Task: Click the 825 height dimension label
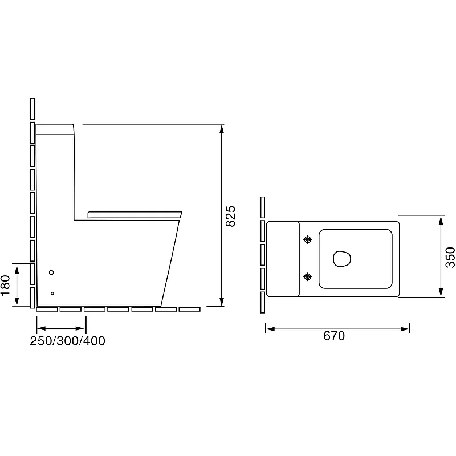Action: [x=231, y=216]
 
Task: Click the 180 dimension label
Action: [x=6, y=285]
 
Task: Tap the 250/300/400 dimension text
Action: [x=67, y=341]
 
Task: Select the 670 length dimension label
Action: [x=334, y=336]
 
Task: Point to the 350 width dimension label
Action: [x=450, y=257]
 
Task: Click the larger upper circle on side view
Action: [x=51, y=272]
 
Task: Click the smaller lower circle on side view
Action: [x=52, y=294]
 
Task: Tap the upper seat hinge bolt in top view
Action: [x=308, y=239]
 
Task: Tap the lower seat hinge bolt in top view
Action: [x=308, y=276]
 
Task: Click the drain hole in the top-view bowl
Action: [x=341, y=258]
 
